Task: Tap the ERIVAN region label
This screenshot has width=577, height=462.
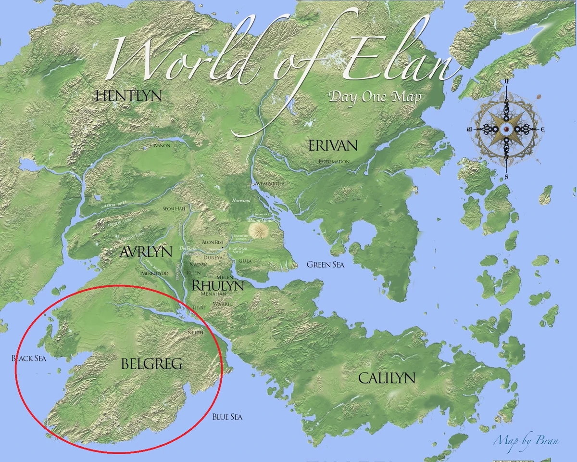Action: [333, 145]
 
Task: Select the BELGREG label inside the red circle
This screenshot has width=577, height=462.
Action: [151, 364]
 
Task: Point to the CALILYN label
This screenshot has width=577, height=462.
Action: [387, 378]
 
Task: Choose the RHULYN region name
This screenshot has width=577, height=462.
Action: [217, 285]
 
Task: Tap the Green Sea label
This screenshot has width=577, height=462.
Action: [326, 264]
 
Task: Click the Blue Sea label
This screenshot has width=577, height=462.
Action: [227, 417]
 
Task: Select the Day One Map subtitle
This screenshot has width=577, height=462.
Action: [375, 96]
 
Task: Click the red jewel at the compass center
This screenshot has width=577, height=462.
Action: [506, 130]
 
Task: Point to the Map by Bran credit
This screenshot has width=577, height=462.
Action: [526, 440]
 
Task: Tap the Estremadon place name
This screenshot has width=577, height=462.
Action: [334, 162]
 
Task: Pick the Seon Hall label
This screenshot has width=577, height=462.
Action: [175, 208]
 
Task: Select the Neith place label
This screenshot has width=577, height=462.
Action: [196, 332]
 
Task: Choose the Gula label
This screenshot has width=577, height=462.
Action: [245, 260]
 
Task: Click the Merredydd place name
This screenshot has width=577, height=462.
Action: [154, 272]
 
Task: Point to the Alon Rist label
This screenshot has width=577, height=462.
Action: [213, 242]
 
